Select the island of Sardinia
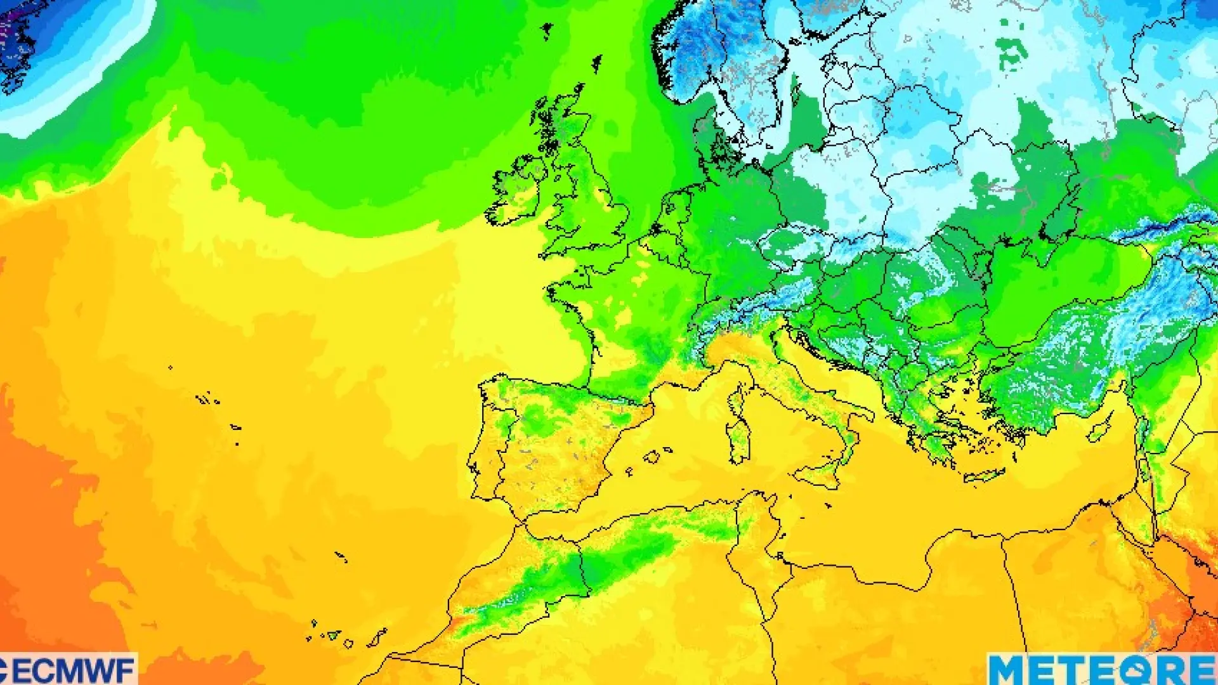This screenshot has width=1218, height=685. (739, 438)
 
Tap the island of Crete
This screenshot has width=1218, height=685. (984, 475)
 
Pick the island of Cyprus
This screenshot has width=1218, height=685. (1101, 429)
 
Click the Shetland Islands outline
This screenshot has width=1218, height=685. (596, 63)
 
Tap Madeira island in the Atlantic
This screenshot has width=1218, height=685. (341, 557)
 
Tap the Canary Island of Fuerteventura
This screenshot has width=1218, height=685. (377, 637)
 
